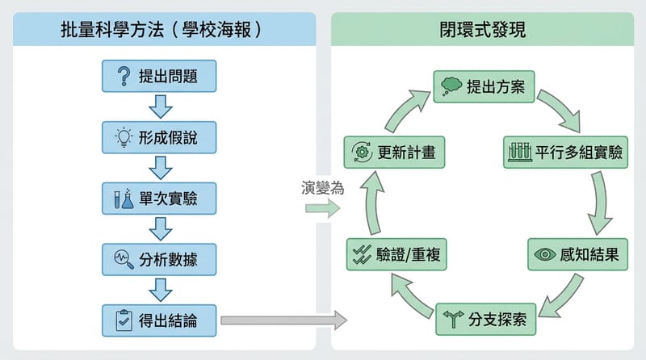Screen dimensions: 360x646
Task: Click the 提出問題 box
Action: pyautogui.click(x=161, y=77)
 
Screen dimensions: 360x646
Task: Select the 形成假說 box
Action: pyautogui.click(x=161, y=137)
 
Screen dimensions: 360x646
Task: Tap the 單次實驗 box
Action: pyautogui.click(x=161, y=199)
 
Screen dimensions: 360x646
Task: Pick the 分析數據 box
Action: pyautogui.click(x=161, y=259)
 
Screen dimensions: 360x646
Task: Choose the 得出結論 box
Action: pyautogui.click(x=161, y=320)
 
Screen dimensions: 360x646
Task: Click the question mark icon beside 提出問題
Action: pyautogui.click(x=124, y=77)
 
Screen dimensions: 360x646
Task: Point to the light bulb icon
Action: pyautogui.click(x=124, y=137)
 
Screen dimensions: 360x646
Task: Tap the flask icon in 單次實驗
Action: pyautogui.click(x=124, y=199)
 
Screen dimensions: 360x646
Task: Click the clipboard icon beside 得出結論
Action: pyautogui.click(x=124, y=320)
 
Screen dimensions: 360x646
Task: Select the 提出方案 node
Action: pyautogui.click(x=485, y=86)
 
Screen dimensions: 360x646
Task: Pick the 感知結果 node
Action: pyautogui.click(x=578, y=254)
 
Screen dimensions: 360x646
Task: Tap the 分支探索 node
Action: pyautogui.click(x=485, y=319)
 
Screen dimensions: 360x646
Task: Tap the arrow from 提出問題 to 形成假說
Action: pyautogui.click(x=161, y=106)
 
